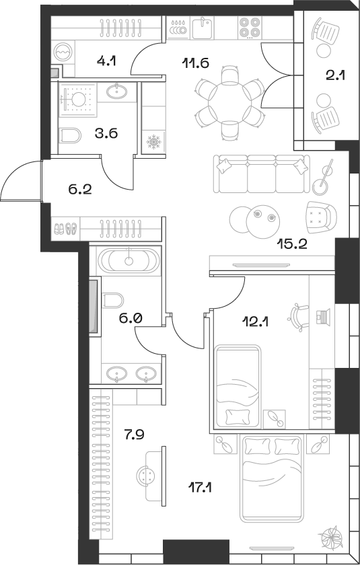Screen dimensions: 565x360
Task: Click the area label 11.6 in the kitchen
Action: [x=196, y=64]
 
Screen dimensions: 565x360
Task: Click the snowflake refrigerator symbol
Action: [x=153, y=143]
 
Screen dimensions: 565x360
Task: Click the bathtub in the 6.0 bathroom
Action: [x=127, y=260]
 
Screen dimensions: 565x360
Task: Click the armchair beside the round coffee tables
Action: [x=320, y=216]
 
